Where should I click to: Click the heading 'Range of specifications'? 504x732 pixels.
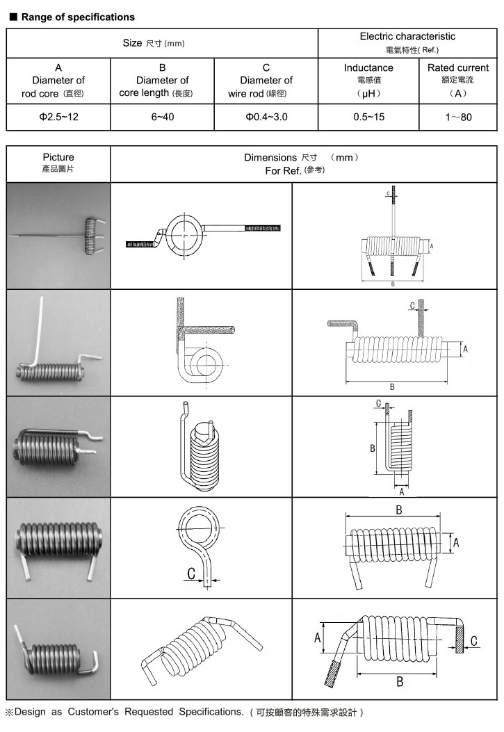tap(78, 17)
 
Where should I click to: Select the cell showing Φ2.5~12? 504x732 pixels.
tap(58, 117)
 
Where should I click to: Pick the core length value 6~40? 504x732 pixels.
tap(163, 117)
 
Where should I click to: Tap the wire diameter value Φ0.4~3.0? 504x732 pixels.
tap(266, 117)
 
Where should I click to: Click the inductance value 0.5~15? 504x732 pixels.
tap(368, 117)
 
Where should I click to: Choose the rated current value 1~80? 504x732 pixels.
tap(458, 117)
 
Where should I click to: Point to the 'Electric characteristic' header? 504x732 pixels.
tap(407, 36)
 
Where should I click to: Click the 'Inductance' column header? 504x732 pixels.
tap(368, 68)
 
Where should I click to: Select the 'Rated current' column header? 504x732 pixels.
tap(458, 68)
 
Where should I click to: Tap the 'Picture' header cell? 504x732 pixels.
tap(58, 158)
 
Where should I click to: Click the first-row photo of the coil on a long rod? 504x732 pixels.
tap(58, 236)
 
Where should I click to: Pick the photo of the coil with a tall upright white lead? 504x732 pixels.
tap(58, 343)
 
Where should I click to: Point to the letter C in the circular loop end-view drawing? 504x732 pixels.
tap(190, 574)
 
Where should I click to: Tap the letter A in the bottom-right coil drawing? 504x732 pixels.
tap(318, 637)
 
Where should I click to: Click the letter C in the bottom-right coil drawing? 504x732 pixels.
tap(473, 641)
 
